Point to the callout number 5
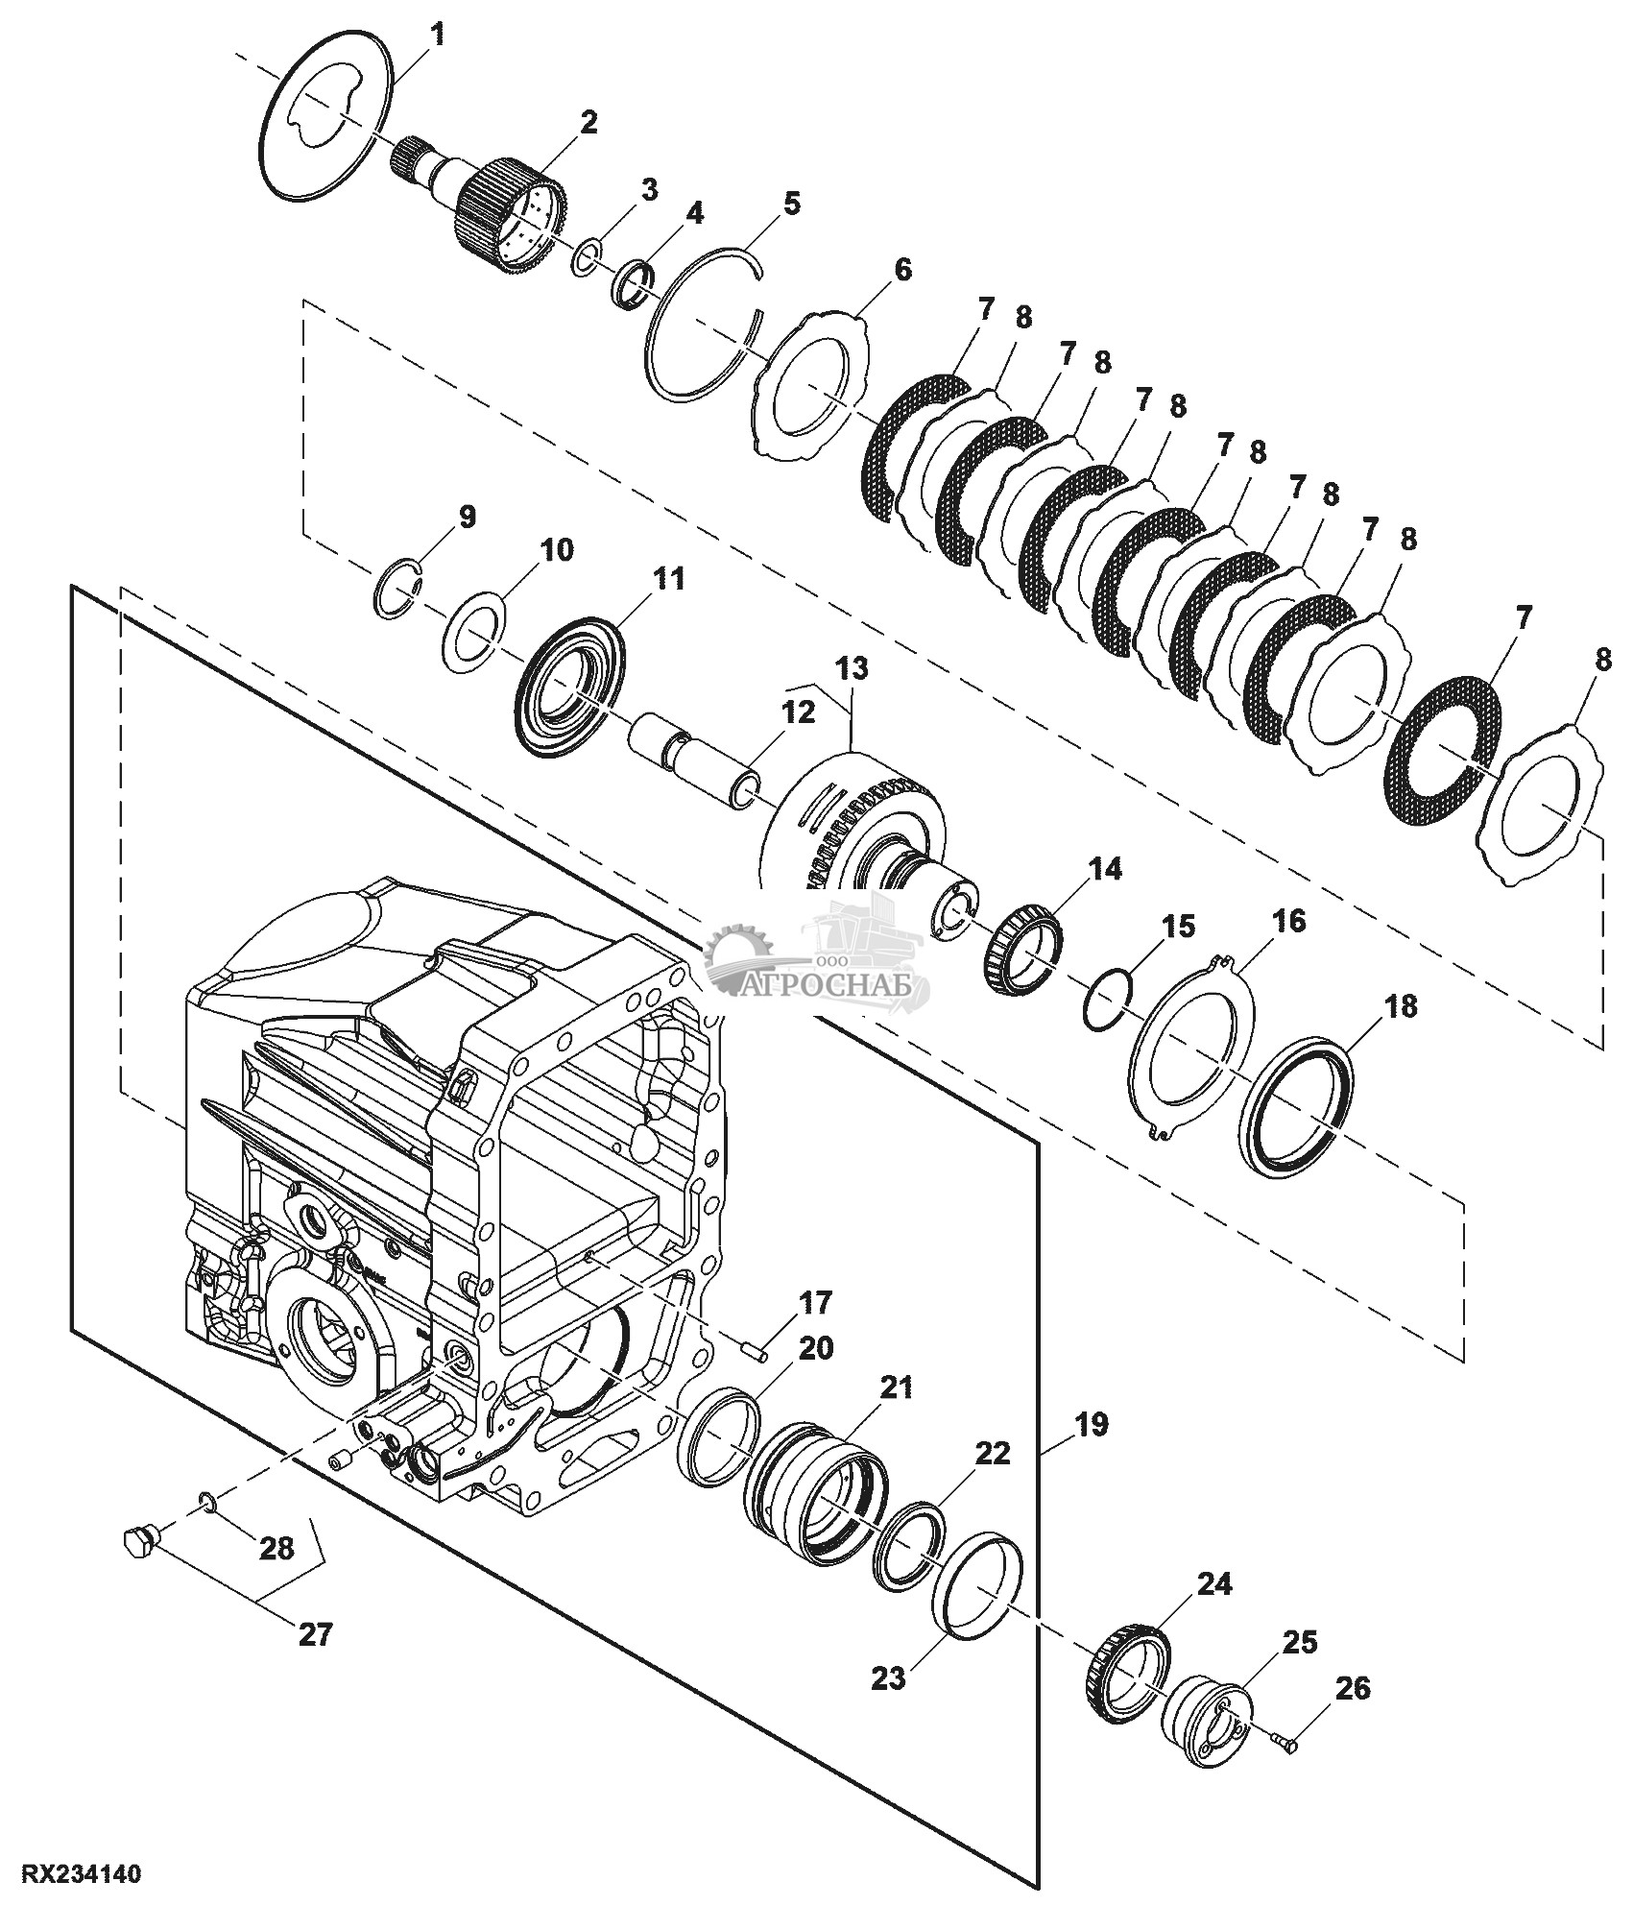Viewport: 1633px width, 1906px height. (790, 205)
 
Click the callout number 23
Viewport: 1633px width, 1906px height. (889, 1678)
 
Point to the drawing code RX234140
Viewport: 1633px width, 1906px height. (76, 1872)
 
